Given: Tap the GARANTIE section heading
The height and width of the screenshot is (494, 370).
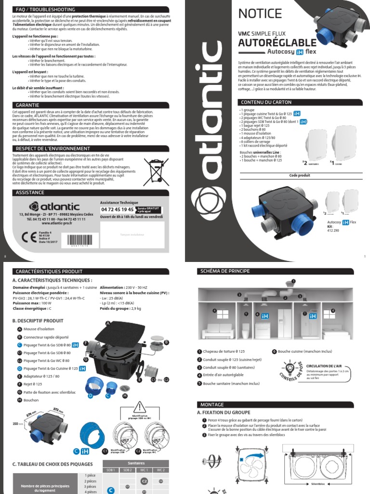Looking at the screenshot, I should (27, 105).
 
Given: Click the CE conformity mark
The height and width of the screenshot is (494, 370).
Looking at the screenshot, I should (26, 237).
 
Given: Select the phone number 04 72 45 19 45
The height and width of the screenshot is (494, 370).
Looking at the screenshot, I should (117, 210).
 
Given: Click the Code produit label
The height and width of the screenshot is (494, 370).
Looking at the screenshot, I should (299, 175).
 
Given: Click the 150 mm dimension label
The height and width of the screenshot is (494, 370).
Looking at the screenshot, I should (17, 423).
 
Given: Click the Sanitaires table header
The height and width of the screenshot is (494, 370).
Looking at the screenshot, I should (135, 463).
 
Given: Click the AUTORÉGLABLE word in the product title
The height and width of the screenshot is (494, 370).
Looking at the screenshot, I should (277, 44).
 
